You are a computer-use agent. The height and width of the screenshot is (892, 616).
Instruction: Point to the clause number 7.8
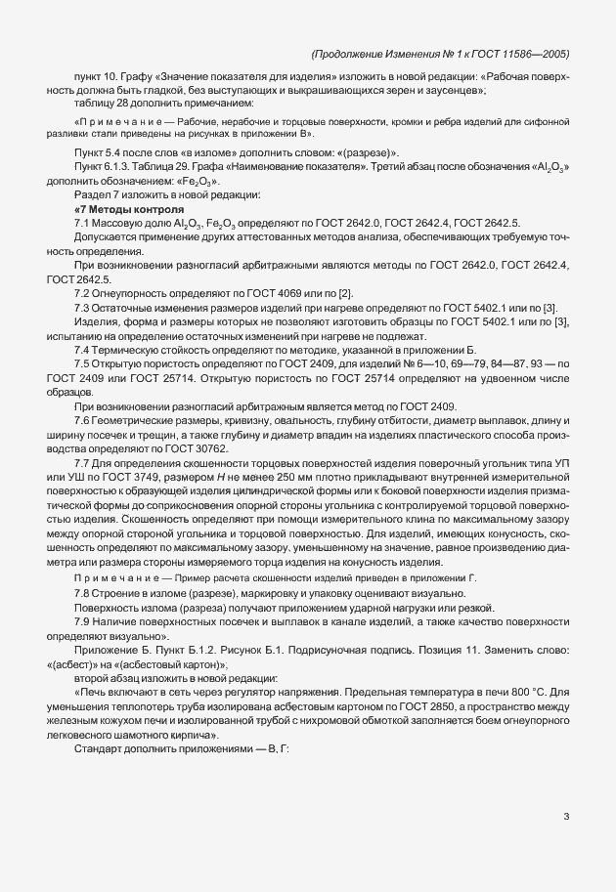[x=84, y=594]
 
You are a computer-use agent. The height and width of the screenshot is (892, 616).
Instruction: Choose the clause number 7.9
[x=84, y=622]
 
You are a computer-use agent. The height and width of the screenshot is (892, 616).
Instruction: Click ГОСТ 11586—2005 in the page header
[x=522, y=55]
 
